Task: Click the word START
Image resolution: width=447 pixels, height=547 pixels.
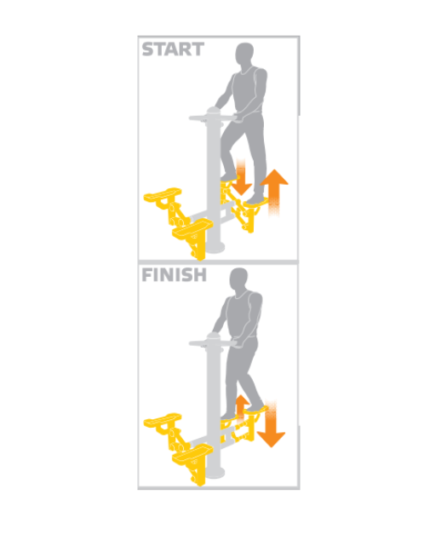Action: tap(173, 49)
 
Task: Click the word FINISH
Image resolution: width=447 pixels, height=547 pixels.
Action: tap(174, 275)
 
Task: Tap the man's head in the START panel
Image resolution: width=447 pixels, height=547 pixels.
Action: tap(244, 54)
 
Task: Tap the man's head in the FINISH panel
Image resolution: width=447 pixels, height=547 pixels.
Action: tap(239, 279)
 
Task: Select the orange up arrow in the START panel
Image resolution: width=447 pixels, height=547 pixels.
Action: tap(274, 193)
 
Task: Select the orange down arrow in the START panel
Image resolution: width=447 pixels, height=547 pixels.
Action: tap(241, 176)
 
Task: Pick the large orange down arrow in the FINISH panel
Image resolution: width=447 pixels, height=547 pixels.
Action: tap(271, 423)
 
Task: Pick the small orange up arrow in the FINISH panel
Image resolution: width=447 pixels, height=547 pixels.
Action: tap(242, 407)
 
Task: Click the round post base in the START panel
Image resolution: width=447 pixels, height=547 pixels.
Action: tap(215, 248)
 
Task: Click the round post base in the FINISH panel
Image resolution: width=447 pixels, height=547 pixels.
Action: tap(215, 474)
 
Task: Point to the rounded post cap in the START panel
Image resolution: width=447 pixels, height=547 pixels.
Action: tap(214, 112)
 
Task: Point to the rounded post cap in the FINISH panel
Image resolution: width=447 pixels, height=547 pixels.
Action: tap(214, 337)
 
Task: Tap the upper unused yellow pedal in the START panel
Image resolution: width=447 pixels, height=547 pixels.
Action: tap(163, 194)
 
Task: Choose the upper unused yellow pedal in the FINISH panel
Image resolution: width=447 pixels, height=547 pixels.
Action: tap(163, 420)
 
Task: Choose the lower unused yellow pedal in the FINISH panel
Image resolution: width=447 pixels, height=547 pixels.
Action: tap(192, 452)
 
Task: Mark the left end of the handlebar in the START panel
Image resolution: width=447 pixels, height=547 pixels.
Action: tap(191, 118)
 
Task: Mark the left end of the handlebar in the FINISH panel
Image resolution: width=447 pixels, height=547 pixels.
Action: tap(191, 344)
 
